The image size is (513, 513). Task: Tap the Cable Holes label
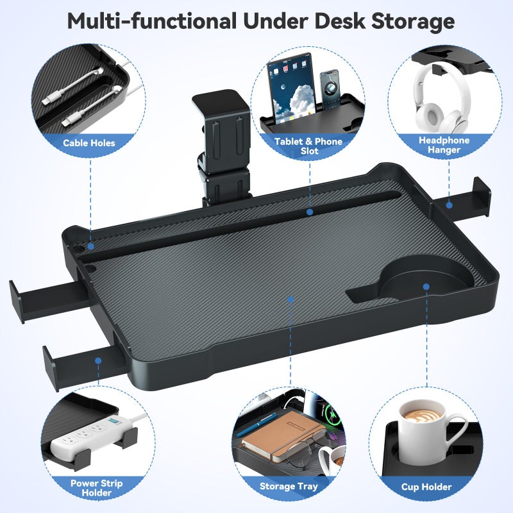click(x=89, y=142)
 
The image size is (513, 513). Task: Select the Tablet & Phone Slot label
click(x=308, y=146)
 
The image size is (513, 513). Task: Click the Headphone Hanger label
click(x=444, y=145)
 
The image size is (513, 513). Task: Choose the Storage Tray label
click(x=289, y=487)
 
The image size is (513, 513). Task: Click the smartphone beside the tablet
click(x=330, y=90)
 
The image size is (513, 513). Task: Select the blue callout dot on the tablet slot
click(x=309, y=211)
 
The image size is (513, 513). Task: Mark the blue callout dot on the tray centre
click(x=290, y=299)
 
